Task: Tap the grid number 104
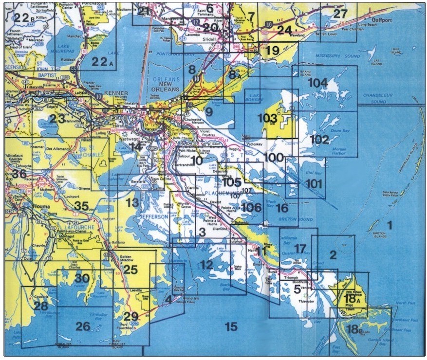(317, 83)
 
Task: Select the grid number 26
(83, 326)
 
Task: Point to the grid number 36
(19, 174)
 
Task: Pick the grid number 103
(267, 118)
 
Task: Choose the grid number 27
(340, 14)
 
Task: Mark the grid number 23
(57, 119)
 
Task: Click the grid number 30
(82, 279)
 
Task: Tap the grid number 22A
(102, 61)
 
